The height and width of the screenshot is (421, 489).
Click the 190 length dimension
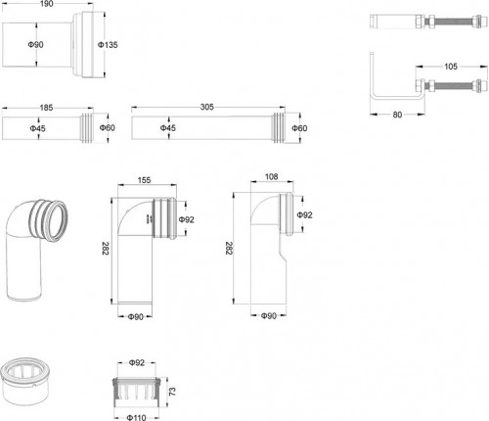46,3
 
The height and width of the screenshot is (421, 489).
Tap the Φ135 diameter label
108,45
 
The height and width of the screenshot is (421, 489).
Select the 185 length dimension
46,108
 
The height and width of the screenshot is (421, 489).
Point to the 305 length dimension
207,107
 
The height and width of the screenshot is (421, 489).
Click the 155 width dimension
144,180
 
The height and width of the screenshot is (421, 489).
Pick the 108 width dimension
271,176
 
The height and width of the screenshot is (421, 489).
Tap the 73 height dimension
173,392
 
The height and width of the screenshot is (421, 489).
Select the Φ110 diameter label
137,417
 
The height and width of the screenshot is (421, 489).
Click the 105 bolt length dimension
451,67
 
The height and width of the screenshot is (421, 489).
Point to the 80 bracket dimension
397,115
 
